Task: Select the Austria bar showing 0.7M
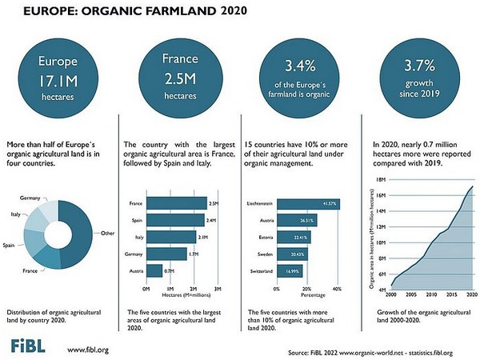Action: [154, 271]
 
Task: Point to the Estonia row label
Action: [256, 238]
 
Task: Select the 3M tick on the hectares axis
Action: [218, 288]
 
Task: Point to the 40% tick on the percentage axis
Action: [336, 288]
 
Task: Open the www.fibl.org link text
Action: [88, 349]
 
